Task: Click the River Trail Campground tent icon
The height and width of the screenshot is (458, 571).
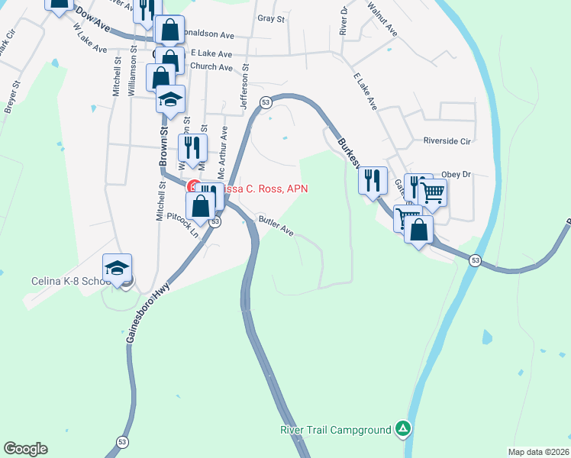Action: pyautogui.click(x=403, y=430)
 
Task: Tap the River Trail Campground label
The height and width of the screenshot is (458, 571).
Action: pyautogui.click(x=335, y=430)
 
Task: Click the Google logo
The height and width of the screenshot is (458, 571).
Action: pyautogui.click(x=25, y=449)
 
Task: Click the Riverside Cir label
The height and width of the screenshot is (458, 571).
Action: pyautogui.click(x=450, y=141)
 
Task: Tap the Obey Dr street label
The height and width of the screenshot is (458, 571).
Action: pyautogui.click(x=457, y=174)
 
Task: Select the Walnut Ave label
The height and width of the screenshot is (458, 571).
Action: pyautogui.click(x=382, y=20)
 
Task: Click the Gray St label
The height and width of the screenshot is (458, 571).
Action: pyautogui.click(x=271, y=18)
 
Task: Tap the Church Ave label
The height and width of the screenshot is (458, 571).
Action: pyautogui.click(x=211, y=67)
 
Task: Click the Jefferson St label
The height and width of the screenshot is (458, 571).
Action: pyautogui.click(x=246, y=87)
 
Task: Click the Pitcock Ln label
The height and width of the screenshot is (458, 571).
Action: pyautogui.click(x=184, y=225)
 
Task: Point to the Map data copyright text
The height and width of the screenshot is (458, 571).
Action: pyautogui.click(x=539, y=452)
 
